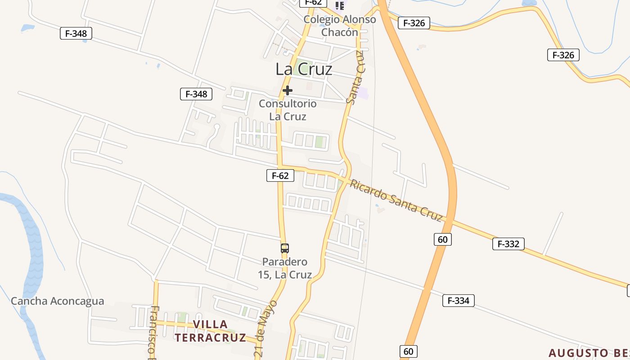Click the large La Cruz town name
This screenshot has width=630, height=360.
click(x=304, y=69)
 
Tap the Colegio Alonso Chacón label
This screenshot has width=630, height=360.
click(x=340, y=26)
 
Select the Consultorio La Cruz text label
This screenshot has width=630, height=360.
click(x=288, y=110)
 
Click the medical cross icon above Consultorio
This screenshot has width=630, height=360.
click(x=288, y=91)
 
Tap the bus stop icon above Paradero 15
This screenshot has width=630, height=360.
click(x=284, y=248)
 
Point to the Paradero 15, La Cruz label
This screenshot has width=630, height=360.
click(x=285, y=268)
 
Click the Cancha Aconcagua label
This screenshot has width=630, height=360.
click(x=57, y=301)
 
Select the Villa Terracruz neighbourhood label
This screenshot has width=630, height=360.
click(x=210, y=331)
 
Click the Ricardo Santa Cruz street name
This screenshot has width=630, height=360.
click(x=396, y=200)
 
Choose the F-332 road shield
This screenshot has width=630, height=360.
click(x=508, y=244)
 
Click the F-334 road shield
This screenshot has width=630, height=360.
click(x=458, y=301)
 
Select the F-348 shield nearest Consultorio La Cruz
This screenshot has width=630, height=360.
click(x=196, y=94)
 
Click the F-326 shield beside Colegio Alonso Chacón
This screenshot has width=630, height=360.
click(x=414, y=23)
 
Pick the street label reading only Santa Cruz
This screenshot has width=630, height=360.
click(x=355, y=77)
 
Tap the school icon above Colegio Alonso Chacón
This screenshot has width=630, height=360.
click(x=340, y=6)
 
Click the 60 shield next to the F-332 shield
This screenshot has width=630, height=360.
click(x=442, y=239)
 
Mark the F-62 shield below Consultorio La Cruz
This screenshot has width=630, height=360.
click(x=280, y=175)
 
